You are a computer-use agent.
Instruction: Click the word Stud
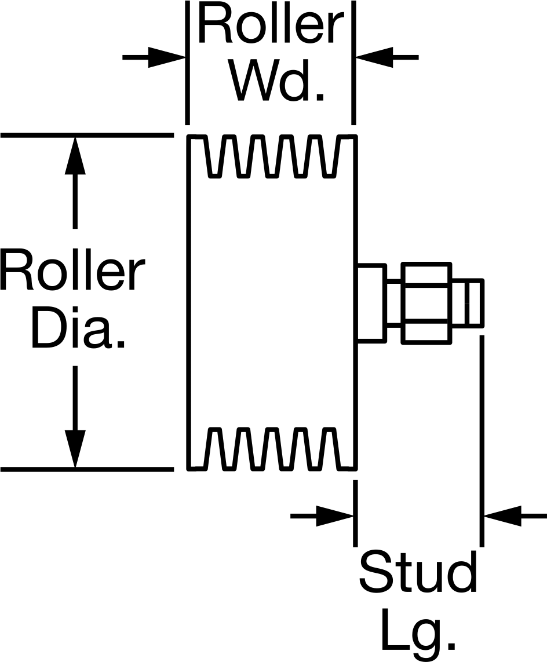pos(418,572)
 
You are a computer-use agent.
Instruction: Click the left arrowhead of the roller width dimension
pos(167,57)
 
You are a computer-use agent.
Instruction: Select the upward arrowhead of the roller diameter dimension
pos(75,155)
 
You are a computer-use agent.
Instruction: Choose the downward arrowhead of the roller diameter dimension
pos(75,449)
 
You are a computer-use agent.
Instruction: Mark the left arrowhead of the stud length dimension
pos(334,515)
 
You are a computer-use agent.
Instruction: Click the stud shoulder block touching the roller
pos(371,302)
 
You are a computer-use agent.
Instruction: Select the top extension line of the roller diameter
pos(87,136)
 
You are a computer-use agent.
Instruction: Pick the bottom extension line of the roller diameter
pos(87,469)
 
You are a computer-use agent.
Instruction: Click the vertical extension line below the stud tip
pos(482,441)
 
